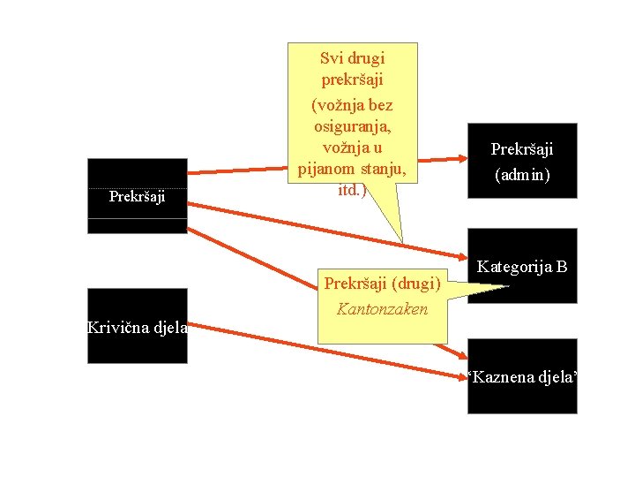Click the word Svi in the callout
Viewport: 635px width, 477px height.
(332, 59)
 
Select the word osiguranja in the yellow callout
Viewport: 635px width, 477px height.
(352, 125)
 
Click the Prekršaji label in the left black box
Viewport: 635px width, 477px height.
(137, 196)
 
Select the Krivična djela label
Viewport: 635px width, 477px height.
(137, 328)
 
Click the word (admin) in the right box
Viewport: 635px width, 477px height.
(521, 175)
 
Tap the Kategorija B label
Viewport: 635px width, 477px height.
(522, 266)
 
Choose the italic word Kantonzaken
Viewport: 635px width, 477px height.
(382, 309)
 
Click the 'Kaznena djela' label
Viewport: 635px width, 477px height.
(522, 377)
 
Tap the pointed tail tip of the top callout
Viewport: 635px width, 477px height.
(402, 241)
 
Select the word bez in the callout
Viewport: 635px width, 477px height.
(381, 105)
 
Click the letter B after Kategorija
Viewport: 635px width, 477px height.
(561, 266)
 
